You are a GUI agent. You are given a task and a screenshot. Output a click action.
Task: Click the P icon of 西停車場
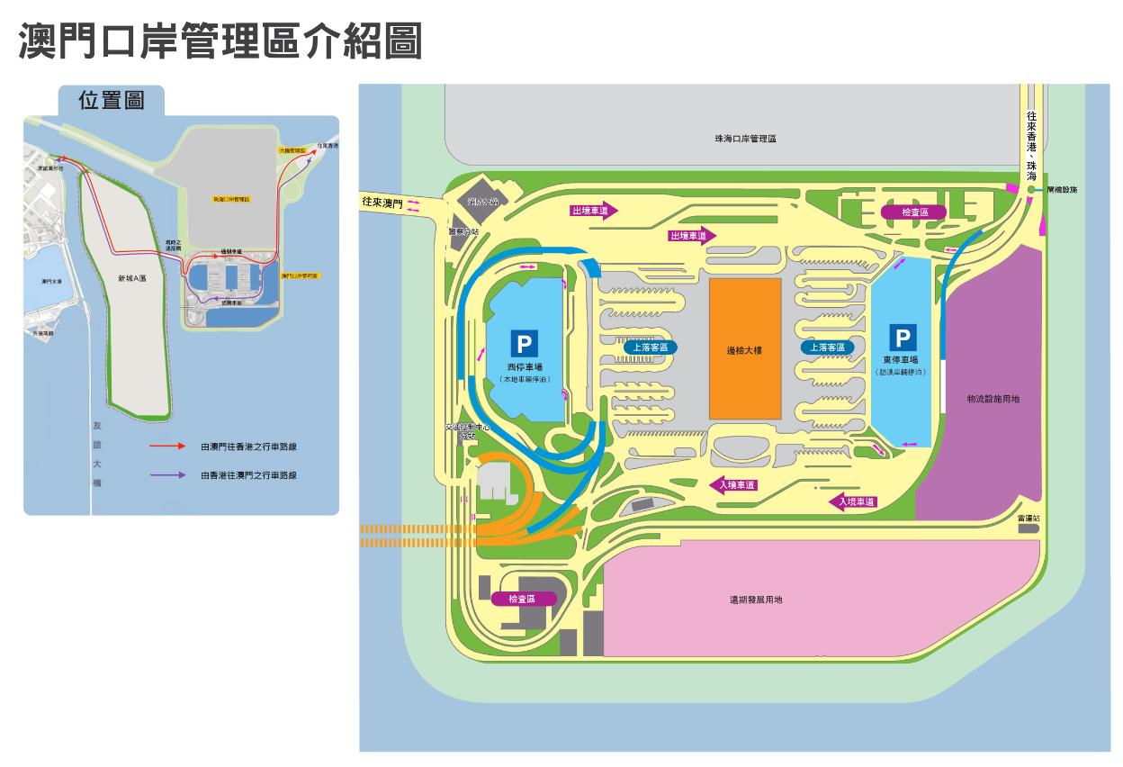(525, 344)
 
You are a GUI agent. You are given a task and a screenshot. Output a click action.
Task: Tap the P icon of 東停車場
(903, 338)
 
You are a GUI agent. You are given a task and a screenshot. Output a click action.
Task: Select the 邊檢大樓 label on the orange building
(744, 350)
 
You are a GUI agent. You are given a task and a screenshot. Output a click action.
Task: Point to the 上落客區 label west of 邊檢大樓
(649, 347)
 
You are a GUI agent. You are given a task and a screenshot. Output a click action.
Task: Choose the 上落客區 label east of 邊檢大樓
(827, 347)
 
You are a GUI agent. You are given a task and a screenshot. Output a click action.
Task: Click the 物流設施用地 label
(993, 398)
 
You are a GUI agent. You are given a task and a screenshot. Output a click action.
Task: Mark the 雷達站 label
(1029, 519)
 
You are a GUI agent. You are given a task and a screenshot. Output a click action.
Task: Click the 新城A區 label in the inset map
(131, 279)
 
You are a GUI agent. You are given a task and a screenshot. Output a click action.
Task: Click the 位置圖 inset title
(112, 100)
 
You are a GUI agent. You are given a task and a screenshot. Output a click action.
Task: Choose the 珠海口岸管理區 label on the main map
(745, 139)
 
